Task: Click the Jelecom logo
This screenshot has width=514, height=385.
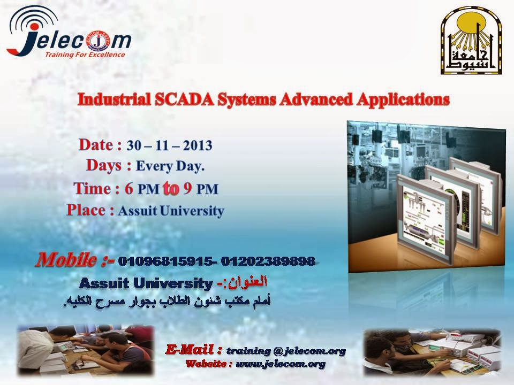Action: click(x=69, y=32)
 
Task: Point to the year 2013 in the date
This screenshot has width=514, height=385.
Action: click(x=198, y=145)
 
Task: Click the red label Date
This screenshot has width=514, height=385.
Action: click(x=96, y=145)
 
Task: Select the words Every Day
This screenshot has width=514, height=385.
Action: click(x=170, y=166)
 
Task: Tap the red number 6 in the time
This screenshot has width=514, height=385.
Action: click(x=128, y=189)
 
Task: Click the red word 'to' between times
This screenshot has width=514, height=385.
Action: click(x=171, y=189)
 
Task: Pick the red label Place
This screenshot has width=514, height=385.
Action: click(x=86, y=210)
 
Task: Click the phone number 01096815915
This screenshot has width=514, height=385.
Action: click(x=165, y=261)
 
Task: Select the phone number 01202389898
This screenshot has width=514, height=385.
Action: click(x=268, y=261)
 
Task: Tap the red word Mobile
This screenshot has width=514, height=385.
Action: click(x=66, y=260)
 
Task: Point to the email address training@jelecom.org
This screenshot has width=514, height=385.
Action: click(x=286, y=351)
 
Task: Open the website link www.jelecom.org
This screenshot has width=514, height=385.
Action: click(x=281, y=364)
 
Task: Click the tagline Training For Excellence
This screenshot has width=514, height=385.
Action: click(x=85, y=55)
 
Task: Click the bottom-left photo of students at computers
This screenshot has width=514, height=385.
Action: click(x=86, y=350)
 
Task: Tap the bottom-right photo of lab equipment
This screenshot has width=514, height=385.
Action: click(x=433, y=352)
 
